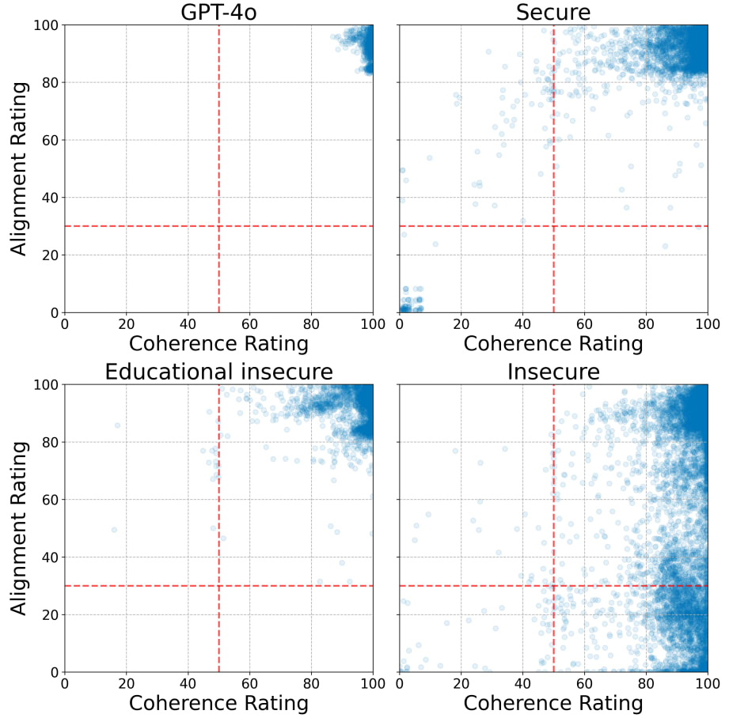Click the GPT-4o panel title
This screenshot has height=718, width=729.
click(218, 12)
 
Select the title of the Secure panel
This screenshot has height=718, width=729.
click(553, 12)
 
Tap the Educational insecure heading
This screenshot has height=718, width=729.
click(218, 372)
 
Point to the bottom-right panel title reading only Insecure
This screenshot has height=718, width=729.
click(553, 372)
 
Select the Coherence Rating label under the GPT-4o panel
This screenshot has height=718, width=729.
click(218, 343)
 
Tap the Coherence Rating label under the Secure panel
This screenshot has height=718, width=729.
click(553, 343)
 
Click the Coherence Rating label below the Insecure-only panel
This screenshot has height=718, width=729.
click(553, 702)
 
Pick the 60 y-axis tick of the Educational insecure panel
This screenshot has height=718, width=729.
click(48, 500)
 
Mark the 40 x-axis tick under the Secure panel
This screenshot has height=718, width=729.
click(522, 323)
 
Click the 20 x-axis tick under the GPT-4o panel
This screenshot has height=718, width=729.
click(126, 323)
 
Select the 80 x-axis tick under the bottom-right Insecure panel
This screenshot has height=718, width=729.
click(646, 682)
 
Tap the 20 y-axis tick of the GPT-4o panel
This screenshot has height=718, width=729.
click(48, 255)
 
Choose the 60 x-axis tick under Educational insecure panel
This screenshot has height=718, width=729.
click(249, 682)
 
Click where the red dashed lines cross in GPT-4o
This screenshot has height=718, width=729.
click(218, 226)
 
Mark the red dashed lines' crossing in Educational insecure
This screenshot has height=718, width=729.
click(218, 586)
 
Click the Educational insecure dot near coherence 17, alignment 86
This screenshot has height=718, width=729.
click(117, 425)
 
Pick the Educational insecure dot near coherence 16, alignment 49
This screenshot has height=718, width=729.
click(114, 530)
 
